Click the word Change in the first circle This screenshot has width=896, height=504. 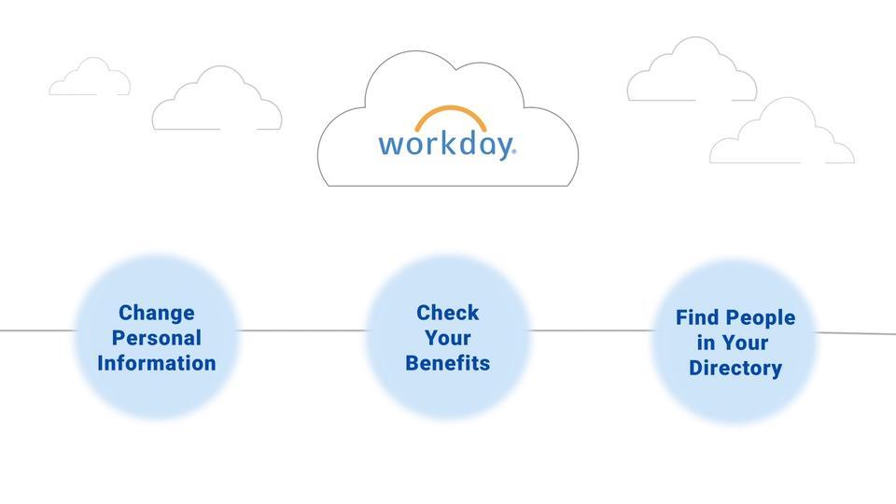157,314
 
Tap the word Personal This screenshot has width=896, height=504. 157,338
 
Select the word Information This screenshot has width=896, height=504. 157,363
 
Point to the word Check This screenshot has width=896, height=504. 447,313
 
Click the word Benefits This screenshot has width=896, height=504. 447,363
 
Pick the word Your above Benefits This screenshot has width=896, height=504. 447,338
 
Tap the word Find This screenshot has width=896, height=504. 696,317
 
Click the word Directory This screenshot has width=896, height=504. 735,368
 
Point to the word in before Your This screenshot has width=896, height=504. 706,343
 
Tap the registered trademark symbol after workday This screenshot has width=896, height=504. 513,151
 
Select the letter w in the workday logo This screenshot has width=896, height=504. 391,146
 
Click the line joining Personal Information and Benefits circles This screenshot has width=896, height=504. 301,330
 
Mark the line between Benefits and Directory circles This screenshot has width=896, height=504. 590,330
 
